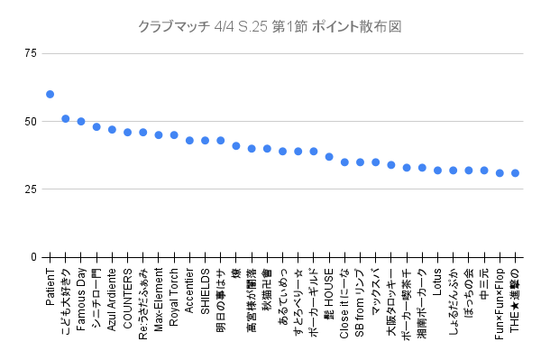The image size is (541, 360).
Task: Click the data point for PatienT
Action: click(50, 94)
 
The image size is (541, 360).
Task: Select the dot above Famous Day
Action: click(81, 121)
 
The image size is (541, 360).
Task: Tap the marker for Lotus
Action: click(437, 170)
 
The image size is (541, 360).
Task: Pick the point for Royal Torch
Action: click(174, 134)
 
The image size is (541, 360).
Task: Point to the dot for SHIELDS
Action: click(205, 140)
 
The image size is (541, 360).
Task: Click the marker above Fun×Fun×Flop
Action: click(500, 172)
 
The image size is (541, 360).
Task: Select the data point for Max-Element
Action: click(159, 134)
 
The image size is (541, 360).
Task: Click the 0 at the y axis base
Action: click(33, 257)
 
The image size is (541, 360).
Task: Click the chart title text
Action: click(270, 27)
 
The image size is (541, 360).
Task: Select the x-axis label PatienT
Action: click(50, 287)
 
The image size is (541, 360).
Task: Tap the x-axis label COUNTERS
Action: click(128, 293)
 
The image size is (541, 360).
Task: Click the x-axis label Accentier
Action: click(189, 291)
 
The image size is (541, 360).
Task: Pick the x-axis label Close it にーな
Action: click(344, 301)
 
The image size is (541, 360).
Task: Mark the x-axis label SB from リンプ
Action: click(360, 303)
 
